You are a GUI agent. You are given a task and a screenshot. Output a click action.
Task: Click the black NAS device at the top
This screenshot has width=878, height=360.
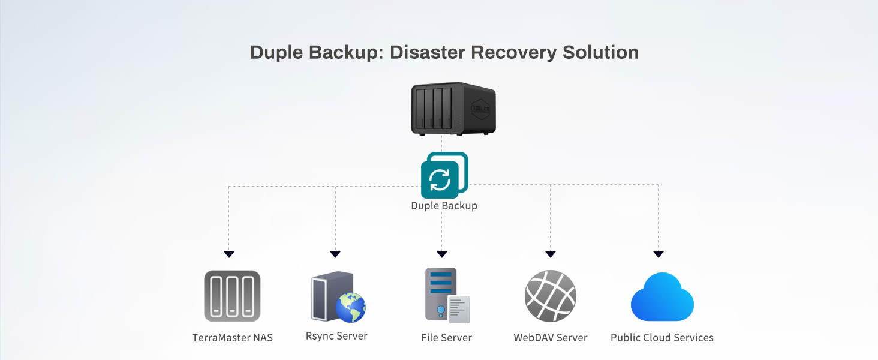[453, 109]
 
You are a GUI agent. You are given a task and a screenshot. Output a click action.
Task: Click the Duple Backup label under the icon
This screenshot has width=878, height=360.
[444, 206]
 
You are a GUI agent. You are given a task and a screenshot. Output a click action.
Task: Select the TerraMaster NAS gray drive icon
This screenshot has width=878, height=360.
[232, 296]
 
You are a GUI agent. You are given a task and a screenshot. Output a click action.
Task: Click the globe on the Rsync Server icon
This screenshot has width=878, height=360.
[351, 307]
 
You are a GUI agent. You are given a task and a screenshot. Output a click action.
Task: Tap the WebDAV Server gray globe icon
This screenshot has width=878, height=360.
[550, 296]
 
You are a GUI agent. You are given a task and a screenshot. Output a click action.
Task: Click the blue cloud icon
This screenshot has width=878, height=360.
[662, 298]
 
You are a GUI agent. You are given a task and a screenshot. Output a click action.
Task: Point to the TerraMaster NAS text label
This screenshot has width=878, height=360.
[232, 338]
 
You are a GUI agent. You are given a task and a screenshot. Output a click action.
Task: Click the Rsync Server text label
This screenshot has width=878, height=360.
[336, 336]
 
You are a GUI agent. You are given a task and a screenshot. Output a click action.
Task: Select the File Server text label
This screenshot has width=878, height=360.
[446, 338]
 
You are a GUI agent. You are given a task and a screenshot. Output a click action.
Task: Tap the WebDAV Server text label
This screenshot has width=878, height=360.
[550, 338]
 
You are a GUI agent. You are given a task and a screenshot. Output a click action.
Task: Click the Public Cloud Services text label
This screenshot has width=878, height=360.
[661, 338]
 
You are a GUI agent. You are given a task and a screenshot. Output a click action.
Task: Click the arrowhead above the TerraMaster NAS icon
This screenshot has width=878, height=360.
[228, 254]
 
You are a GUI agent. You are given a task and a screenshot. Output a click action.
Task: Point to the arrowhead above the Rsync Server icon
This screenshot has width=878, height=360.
[335, 254]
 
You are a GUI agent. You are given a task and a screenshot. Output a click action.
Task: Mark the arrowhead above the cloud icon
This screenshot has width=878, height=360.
[659, 254]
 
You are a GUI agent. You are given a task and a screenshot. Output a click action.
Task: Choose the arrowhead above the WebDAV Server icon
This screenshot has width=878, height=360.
[551, 254]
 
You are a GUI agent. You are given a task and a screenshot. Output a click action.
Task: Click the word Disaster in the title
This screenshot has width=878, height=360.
[428, 52]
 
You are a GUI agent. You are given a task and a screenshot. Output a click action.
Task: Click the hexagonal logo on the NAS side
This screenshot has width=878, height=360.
[480, 109]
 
